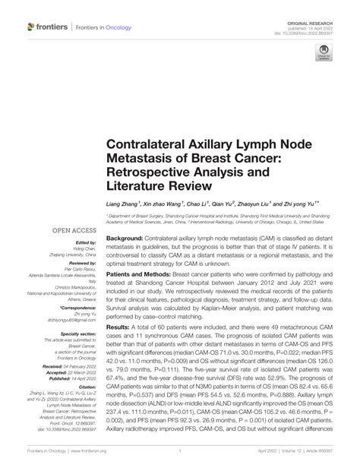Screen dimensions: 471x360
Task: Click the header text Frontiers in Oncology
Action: [101, 27]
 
